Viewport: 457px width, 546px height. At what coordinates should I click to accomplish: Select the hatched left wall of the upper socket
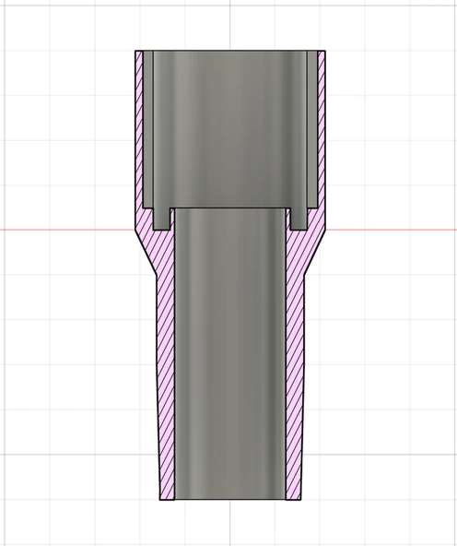(141, 129)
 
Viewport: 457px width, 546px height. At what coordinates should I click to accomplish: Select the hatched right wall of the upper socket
(321, 129)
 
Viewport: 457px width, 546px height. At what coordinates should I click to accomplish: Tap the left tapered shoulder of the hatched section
(147, 249)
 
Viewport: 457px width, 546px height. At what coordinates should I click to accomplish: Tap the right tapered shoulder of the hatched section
(314, 249)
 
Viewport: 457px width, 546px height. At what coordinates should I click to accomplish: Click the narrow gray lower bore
(230, 369)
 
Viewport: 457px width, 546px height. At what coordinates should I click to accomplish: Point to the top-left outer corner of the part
(135, 50)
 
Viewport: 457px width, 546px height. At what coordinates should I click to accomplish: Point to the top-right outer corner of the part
(327, 50)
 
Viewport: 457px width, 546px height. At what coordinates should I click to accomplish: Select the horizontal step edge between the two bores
(230, 206)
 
